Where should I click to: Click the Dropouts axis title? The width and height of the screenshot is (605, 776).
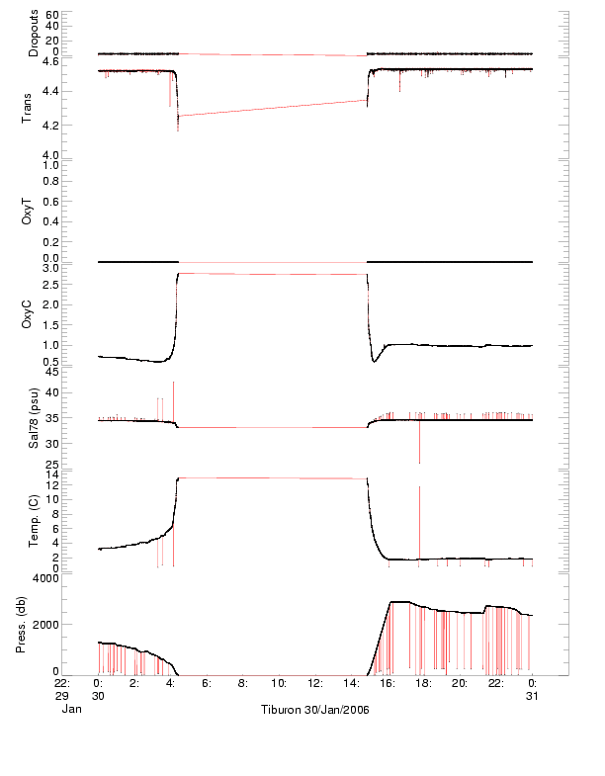34,34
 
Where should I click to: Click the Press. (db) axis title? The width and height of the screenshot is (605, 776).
22,627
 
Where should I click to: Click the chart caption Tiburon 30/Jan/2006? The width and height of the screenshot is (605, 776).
314,711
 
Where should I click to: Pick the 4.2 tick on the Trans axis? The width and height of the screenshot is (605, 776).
47,126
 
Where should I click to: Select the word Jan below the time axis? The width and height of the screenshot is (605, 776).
70,709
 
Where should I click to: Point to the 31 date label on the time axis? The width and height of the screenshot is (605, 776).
534,695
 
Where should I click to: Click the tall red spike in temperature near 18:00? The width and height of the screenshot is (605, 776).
419,514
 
